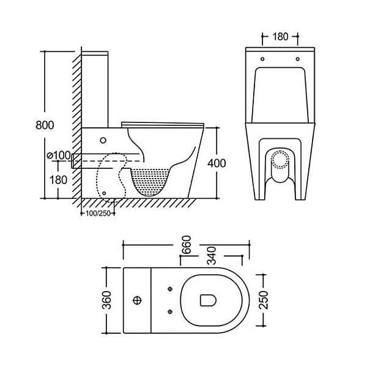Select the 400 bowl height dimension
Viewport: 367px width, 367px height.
(217, 163)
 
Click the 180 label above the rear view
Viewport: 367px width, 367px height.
(279, 37)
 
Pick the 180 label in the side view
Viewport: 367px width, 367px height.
(59, 180)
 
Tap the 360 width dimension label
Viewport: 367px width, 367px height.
(106, 300)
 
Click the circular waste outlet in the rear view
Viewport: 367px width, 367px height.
(279, 160)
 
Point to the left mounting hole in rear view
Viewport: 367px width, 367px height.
(262, 59)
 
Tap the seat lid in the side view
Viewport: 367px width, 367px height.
(162, 123)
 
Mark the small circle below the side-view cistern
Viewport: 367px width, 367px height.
(102, 139)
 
